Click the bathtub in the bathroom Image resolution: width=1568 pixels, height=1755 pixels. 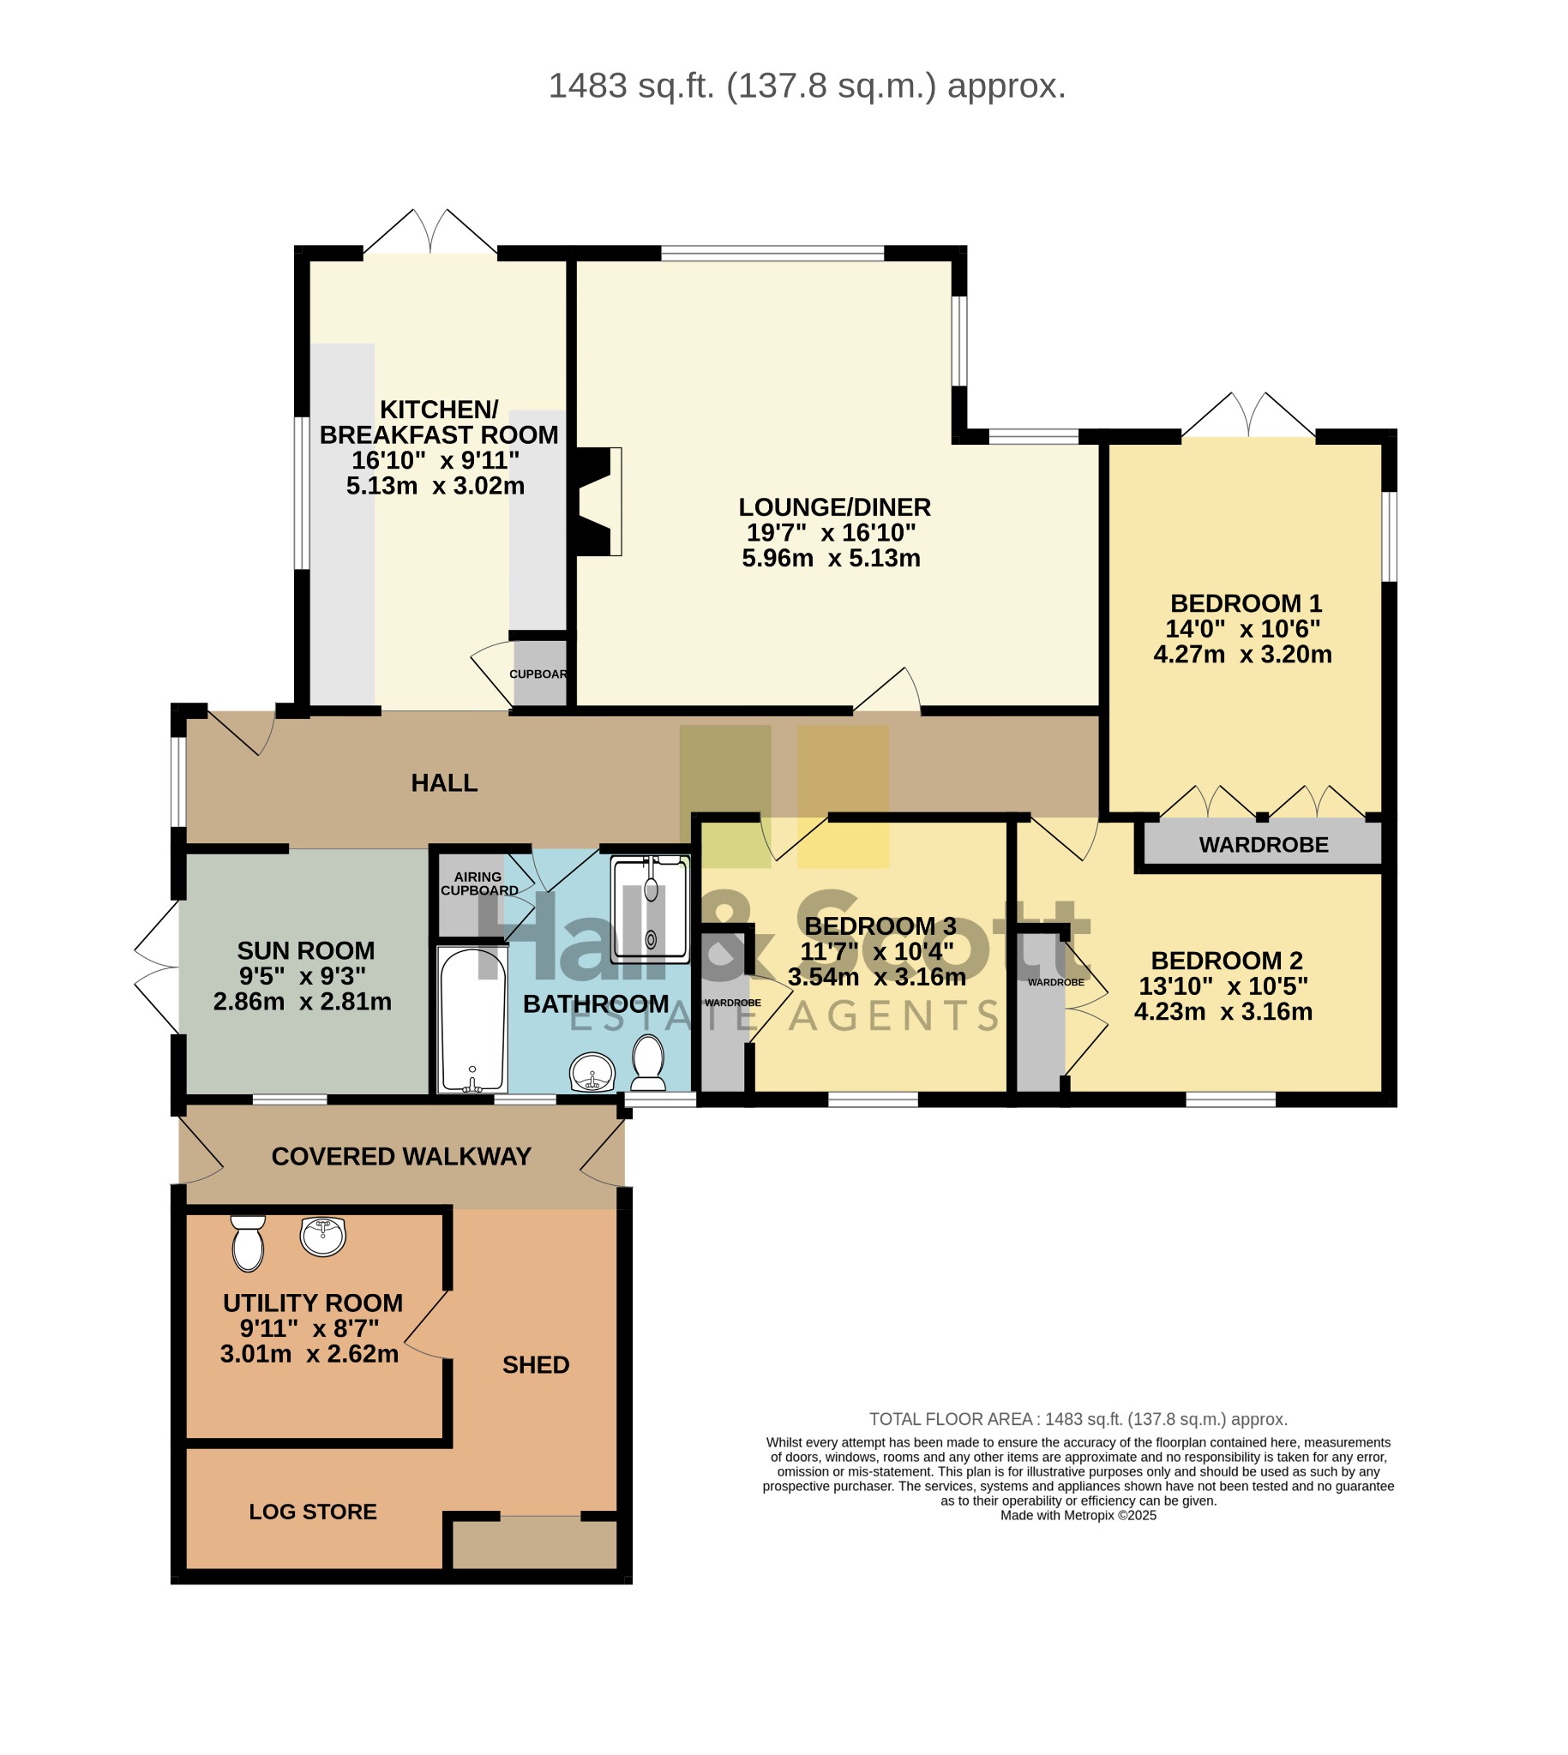pyautogui.click(x=472, y=1020)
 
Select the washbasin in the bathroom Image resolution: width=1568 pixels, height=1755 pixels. pyautogui.click(x=592, y=1073)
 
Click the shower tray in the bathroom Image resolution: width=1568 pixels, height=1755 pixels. pyautogui.click(x=651, y=908)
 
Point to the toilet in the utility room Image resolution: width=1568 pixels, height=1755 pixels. pyautogui.click(x=248, y=1243)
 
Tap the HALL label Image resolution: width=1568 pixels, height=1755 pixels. pyautogui.click(x=444, y=782)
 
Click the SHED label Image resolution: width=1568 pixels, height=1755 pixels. pyautogui.click(x=536, y=1365)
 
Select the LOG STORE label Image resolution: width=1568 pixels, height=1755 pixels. pyautogui.click(x=313, y=1512)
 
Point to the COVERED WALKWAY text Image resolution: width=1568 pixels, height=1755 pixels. pyautogui.click(x=401, y=1157)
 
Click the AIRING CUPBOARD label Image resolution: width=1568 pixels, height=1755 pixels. pyautogui.click(x=479, y=883)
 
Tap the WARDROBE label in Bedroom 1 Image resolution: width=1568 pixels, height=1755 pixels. pyautogui.click(x=1264, y=845)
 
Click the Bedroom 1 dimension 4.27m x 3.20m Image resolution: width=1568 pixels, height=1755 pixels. pyautogui.click(x=1242, y=655)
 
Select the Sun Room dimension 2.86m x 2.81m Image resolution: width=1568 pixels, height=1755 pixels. pyautogui.click(x=303, y=1002)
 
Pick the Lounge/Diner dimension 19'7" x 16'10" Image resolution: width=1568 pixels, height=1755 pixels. pyautogui.click(x=831, y=532)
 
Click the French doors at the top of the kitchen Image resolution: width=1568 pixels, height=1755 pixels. pyautogui.click(x=430, y=231)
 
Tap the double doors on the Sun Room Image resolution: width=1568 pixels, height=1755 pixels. pyautogui.click(x=157, y=968)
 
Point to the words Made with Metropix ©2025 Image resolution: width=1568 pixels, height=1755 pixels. pyautogui.click(x=1078, y=1516)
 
